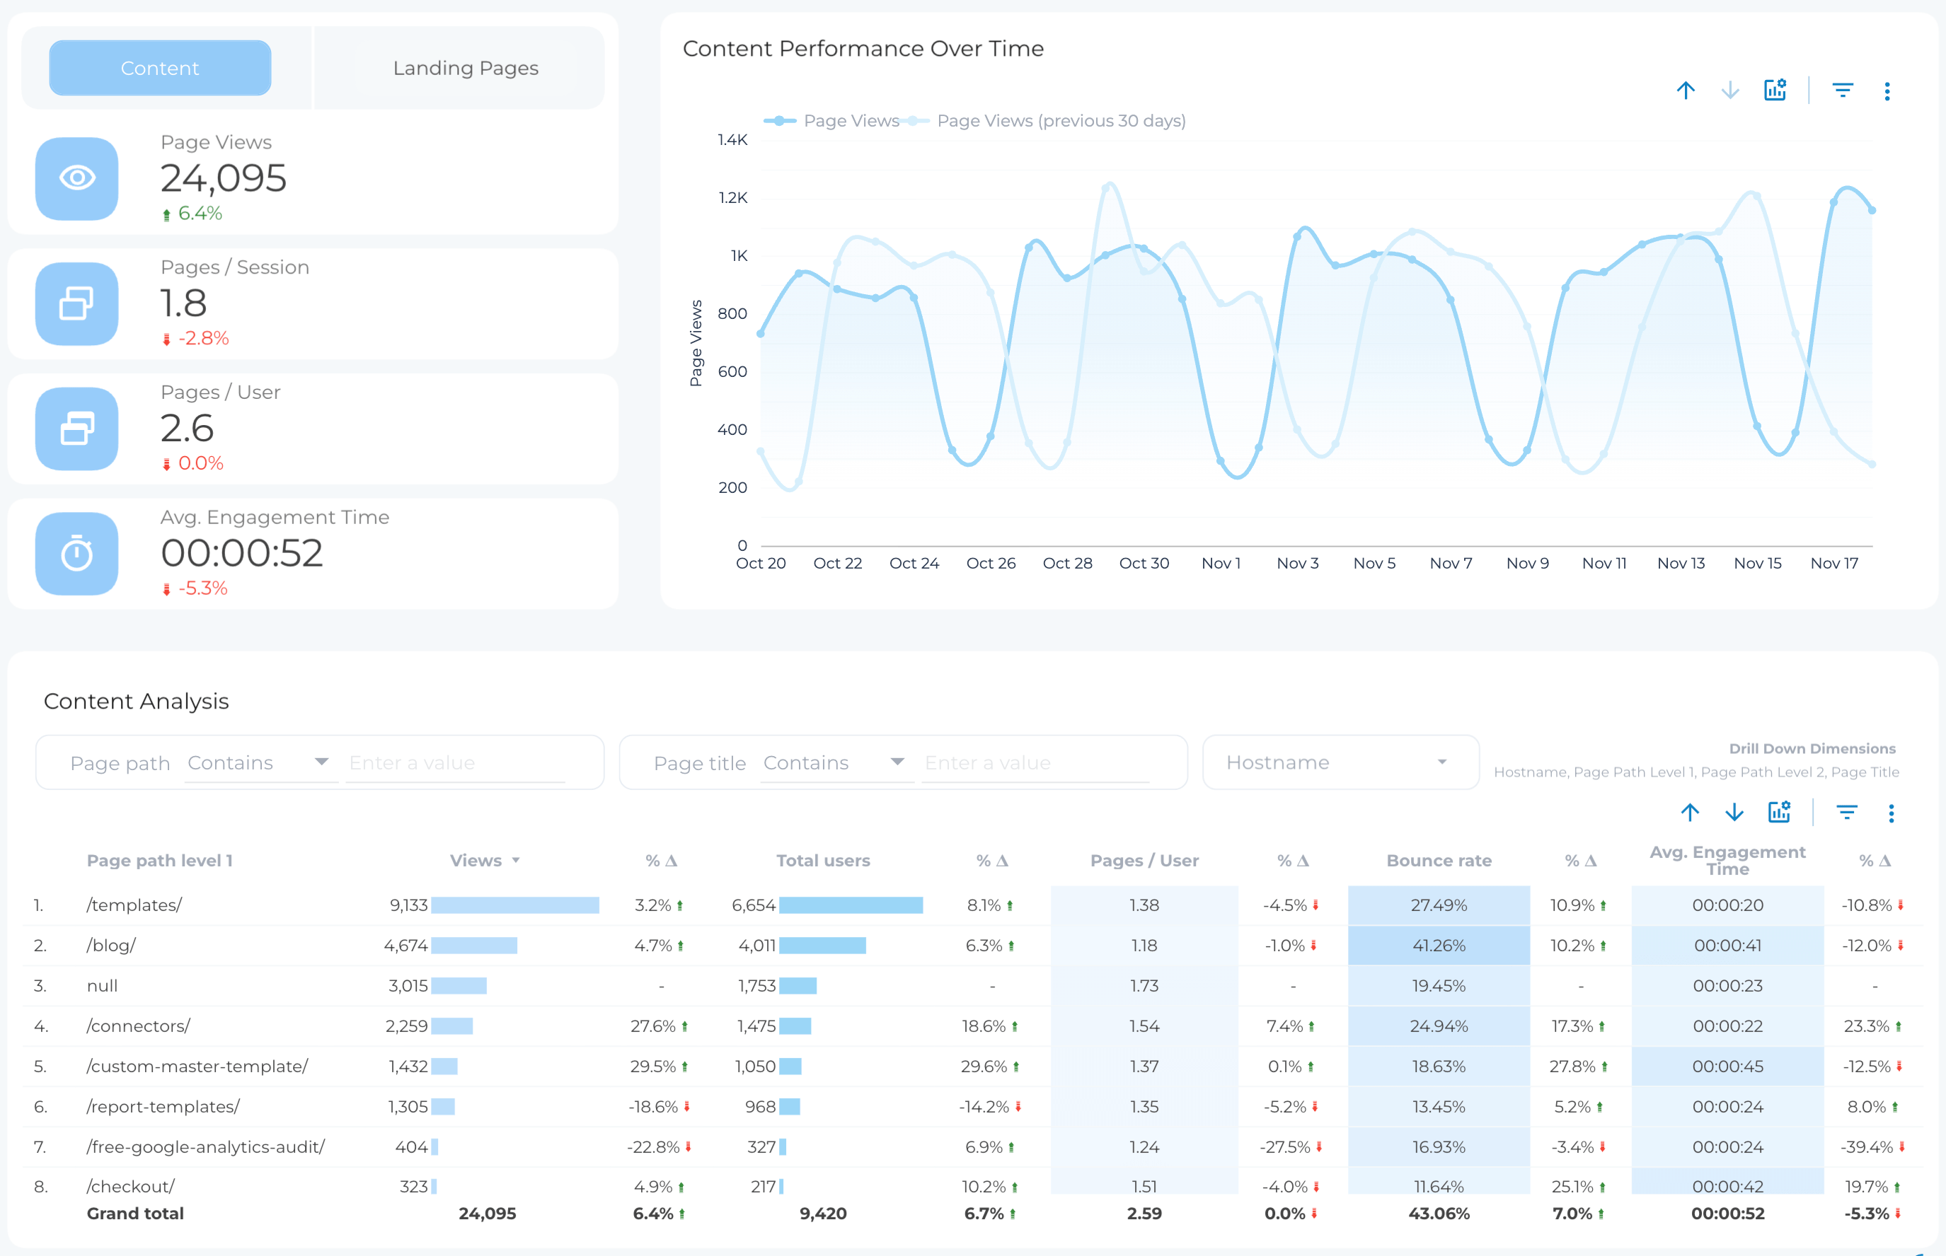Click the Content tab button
(x=160, y=68)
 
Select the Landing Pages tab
(x=465, y=68)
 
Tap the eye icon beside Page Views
(x=76, y=178)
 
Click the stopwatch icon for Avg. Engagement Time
(x=76, y=554)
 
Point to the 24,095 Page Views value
(x=224, y=178)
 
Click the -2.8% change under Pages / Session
(x=202, y=339)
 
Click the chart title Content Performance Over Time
(x=863, y=49)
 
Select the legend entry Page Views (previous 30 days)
(x=1060, y=121)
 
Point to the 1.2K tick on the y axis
(x=732, y=198)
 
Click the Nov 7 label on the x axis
(x=1450, y=564)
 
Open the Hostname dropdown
(x=1339, y=762)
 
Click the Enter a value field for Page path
(x=454, y=762)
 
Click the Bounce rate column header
(x=1438, y=861)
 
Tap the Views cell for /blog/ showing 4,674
(x=405, y=946)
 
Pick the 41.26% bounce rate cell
(x=1438, y=946)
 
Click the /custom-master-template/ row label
(x=197, y=1066)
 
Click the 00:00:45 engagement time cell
(x=1727, y=1066)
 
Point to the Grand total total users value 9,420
(x=822, y=1214)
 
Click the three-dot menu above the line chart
(x=1887, y=91)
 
